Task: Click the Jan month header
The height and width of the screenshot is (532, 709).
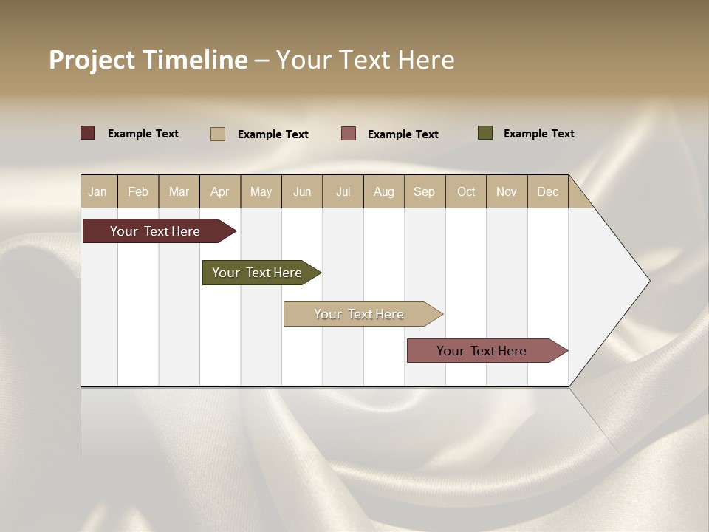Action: [98, 191]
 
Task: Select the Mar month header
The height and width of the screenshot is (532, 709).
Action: [179, 191]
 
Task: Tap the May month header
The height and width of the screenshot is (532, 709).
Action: [261, 191]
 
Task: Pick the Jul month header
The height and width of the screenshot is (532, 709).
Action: [343, 191]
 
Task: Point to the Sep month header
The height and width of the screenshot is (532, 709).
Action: [424, 191]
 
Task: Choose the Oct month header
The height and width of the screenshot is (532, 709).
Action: [466, 191]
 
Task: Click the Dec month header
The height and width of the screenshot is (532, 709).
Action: [547, 191]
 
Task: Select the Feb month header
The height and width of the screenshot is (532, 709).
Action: [138, 191]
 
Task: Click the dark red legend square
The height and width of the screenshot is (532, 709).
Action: [88, 133]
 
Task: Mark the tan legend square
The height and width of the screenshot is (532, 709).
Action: [218, 134]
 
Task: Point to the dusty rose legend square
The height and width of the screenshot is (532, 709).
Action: [349, 133]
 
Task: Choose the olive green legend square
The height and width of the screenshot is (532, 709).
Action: [485, 133]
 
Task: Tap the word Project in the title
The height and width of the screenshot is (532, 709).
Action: [91, 60]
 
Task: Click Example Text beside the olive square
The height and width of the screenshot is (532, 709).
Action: [538, 134]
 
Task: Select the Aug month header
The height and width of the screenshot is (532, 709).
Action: [383, 191]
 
